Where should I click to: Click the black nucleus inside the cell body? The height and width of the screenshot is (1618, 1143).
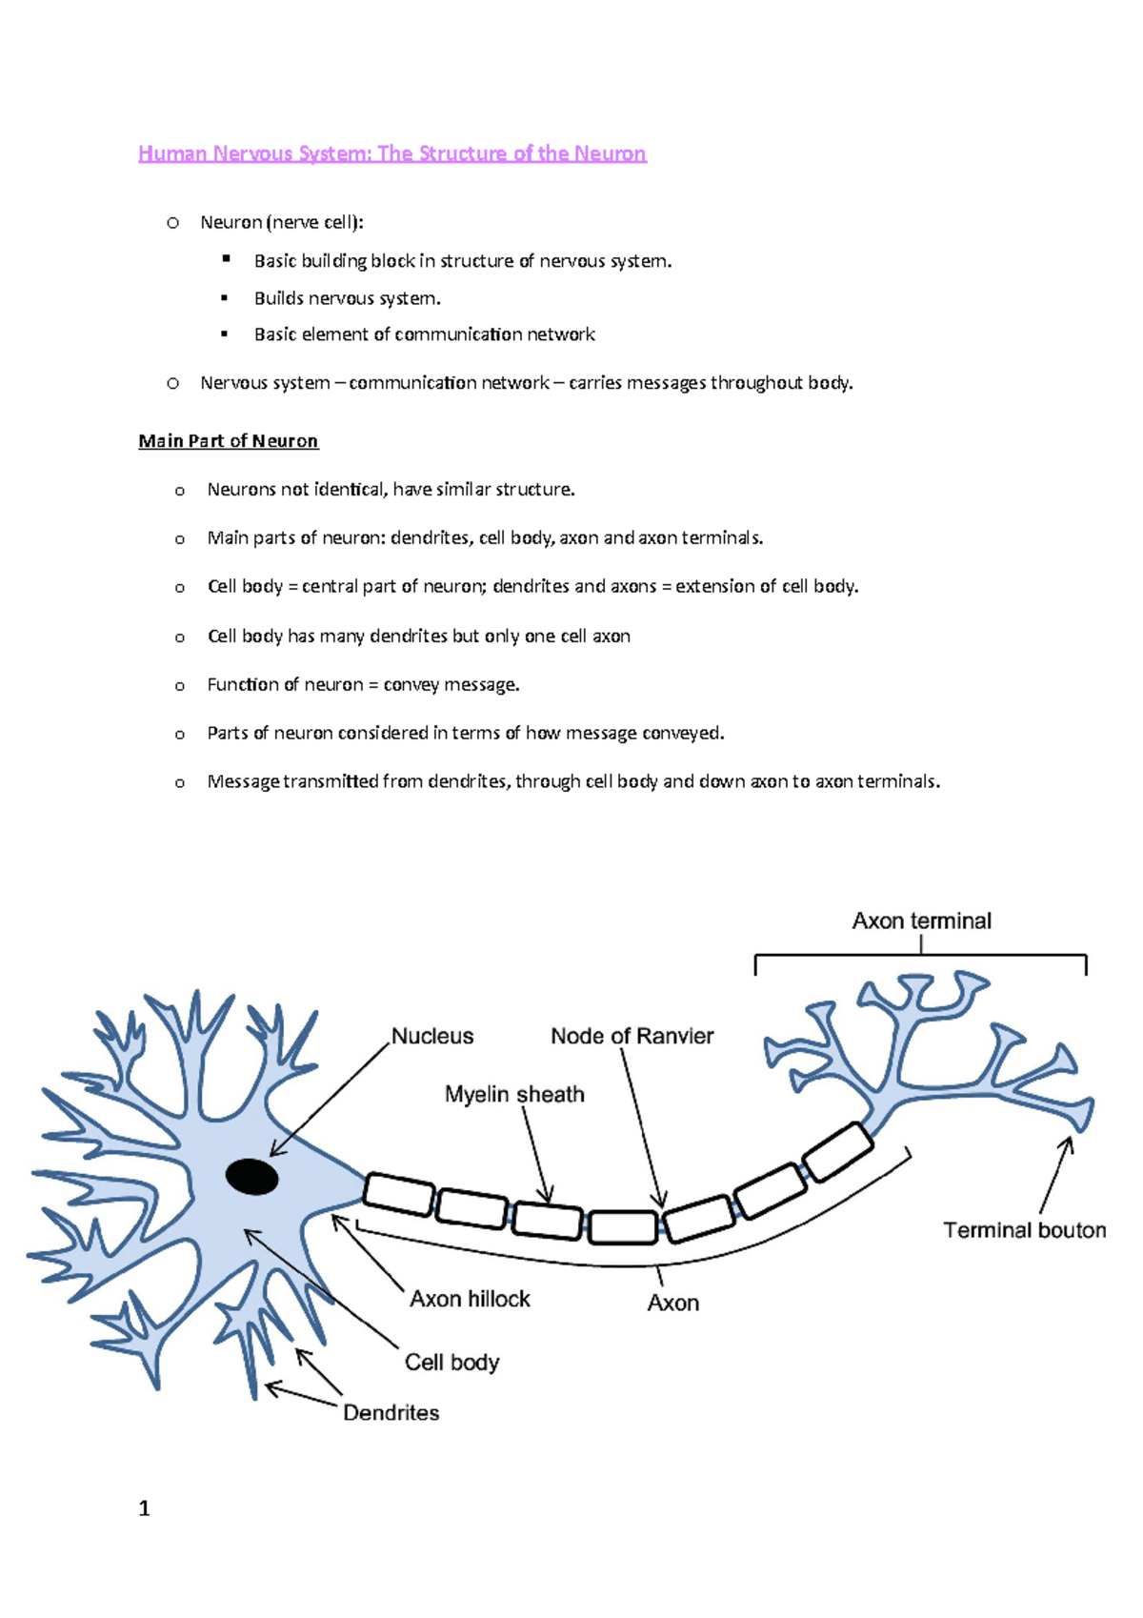[251, 1177]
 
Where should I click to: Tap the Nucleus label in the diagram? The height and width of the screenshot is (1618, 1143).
[432, 1036]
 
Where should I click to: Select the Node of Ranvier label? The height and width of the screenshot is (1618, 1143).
[632, 1036]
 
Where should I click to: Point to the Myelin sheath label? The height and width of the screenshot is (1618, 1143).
[514, 1094]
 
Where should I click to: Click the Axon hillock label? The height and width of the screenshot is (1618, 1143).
[470, 1299]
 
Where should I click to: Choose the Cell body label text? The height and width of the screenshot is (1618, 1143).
[451, 1362]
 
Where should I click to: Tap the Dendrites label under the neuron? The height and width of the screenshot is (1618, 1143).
[391, 1412]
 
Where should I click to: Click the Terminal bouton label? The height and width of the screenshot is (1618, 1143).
[1024, 1230]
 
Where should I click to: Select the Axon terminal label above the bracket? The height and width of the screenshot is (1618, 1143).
[921, 920]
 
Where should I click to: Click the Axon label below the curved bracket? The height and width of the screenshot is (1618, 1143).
[672, 1303]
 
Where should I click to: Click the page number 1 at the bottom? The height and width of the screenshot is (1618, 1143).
[144, 1508]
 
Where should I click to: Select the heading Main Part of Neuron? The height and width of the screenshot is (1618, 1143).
[228, 441]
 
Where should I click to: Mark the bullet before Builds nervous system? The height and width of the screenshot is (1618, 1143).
[225, 298]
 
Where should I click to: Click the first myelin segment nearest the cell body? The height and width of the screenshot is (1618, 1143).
[399, 1194]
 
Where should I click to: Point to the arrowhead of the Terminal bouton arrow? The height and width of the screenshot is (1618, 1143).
[1070, 1142]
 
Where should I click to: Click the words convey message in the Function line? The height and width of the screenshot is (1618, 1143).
[451, 684]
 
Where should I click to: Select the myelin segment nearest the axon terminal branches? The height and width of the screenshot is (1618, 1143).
[837, 1151]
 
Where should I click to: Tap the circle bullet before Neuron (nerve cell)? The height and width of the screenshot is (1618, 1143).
[172, 223]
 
